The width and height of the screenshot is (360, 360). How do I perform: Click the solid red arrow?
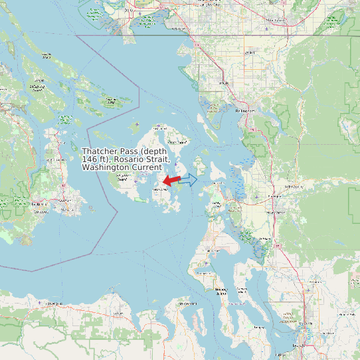(171, 180)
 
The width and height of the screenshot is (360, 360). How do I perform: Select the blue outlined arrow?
(189, 179)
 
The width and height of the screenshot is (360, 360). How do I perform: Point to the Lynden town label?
(250, 52)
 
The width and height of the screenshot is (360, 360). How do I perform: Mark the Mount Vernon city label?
(275, 212)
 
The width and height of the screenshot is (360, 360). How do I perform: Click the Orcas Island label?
(177, 141)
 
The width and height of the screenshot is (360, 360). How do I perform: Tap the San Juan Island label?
(122, 178)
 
